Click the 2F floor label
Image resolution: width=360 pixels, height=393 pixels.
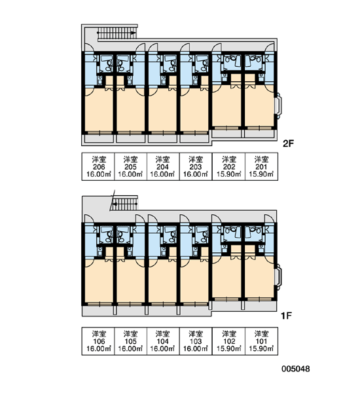[x=288, y=143]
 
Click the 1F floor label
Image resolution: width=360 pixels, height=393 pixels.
[x=286, y=316]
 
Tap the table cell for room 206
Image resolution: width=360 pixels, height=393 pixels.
[x=98, y=166]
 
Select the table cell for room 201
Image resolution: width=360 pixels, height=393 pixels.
[x=262, y=166]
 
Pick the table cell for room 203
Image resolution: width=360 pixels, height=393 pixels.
[x=196, y=166]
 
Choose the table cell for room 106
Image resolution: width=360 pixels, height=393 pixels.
[x=98, y=341]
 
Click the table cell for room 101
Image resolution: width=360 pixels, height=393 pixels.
[x=262, y=341]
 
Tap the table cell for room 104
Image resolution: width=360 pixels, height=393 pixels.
[x=163, y=341]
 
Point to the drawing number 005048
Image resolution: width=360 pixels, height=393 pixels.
[x=296, y=369]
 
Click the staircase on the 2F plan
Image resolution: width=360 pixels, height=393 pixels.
[x=117, y=33]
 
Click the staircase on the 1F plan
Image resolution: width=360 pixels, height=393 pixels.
[x=124, y=204]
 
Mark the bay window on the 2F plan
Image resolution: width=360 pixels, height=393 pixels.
[x=279, y=105]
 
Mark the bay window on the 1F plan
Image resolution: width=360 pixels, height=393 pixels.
[x=279, y=276]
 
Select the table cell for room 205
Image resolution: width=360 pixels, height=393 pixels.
[x=130, y=166]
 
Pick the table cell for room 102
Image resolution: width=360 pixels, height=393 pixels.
[x=228, y=341]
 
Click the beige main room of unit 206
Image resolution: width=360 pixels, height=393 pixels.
[x=99, y=109]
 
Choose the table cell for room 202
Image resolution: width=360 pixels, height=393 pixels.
[x=228, y=166]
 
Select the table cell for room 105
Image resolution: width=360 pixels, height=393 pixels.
[x=130, y=341]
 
